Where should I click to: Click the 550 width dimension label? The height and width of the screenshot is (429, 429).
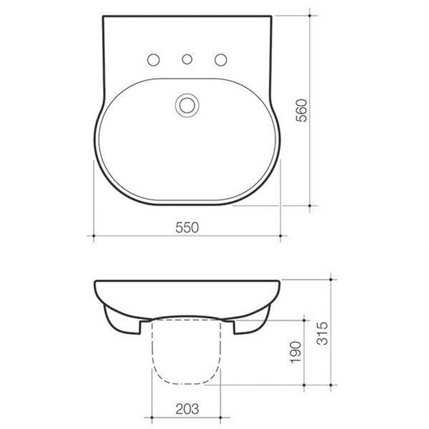[x=187, y=228]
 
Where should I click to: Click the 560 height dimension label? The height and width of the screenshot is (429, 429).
[x=302, y=110]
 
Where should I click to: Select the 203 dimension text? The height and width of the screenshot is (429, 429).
[x=187, y=409]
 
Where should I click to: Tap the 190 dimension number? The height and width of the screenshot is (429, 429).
[x=296, y=352]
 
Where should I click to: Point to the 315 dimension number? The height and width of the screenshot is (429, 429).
[x=323, y=333]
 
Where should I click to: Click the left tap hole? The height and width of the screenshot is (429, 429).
[x=153, y=60]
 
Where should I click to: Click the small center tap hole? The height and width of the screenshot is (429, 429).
[x=187, y=59]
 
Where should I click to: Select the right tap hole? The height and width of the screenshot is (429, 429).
[x=221, y=60]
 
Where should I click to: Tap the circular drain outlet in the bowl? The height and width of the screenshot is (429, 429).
[x=187, y=105]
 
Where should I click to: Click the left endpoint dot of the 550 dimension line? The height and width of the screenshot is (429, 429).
[x=93, y=236]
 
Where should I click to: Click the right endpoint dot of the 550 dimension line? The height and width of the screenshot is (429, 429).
[x=280, y=236]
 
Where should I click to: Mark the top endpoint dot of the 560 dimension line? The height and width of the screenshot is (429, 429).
[x=310, y=16]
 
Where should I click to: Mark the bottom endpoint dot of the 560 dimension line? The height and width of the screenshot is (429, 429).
[x=310, y=206]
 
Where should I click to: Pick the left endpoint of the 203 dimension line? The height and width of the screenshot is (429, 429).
[x=152, y=417]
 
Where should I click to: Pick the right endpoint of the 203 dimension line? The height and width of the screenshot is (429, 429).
[x=221, y=417]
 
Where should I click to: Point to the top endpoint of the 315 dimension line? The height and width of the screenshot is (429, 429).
[x=331, y=280]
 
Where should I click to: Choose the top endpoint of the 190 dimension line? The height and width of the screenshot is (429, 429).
[x=304, y=320]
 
